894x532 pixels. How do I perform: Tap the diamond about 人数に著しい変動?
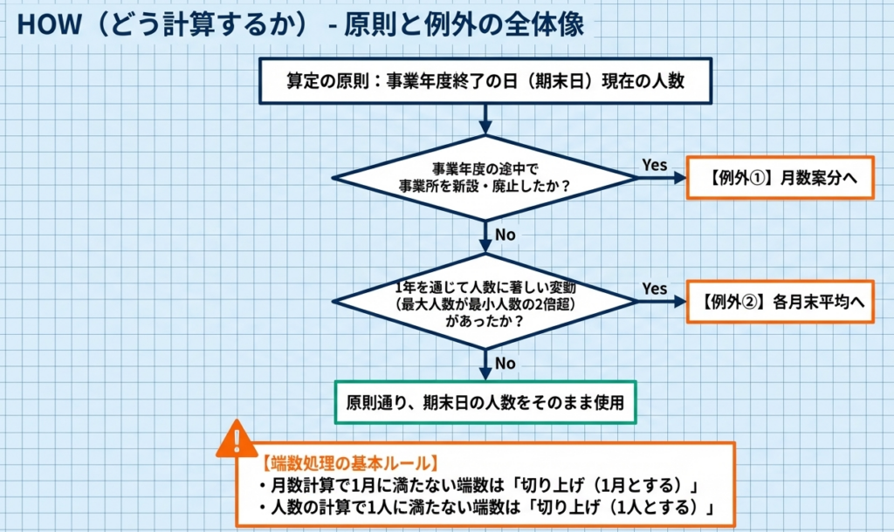[x=485, y=302]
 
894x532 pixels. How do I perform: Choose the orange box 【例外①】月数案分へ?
[x=780, y=177]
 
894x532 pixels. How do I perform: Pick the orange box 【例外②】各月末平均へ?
[x=780, y=302]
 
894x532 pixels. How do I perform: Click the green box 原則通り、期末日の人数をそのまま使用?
[x=485, y=403]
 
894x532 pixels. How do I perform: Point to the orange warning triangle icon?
[x=237, y=440]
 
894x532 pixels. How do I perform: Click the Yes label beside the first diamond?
[x=655, y=165]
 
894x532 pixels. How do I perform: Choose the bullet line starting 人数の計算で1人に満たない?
[x=486, y=508]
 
